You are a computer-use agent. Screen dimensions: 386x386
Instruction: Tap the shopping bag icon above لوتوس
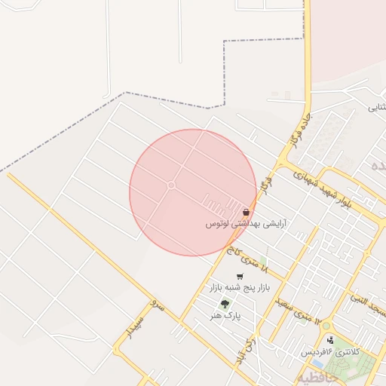tap(247, 213)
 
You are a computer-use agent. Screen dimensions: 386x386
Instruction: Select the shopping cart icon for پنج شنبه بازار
tap(240, 277)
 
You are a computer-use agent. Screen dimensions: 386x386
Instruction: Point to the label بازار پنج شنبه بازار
tap(239, 288)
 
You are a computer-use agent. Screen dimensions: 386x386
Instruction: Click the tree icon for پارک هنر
tap(225, 304)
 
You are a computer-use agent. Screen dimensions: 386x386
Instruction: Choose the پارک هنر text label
tap(226, 316)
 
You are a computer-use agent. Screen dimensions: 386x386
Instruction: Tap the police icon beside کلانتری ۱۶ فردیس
tap(330, 340)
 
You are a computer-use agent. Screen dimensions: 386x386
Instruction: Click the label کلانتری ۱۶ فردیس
tap(331, 352)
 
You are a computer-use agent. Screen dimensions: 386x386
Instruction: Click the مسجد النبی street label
tap(367, 305)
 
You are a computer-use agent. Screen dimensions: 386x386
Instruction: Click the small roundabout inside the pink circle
tap(171, 185)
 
